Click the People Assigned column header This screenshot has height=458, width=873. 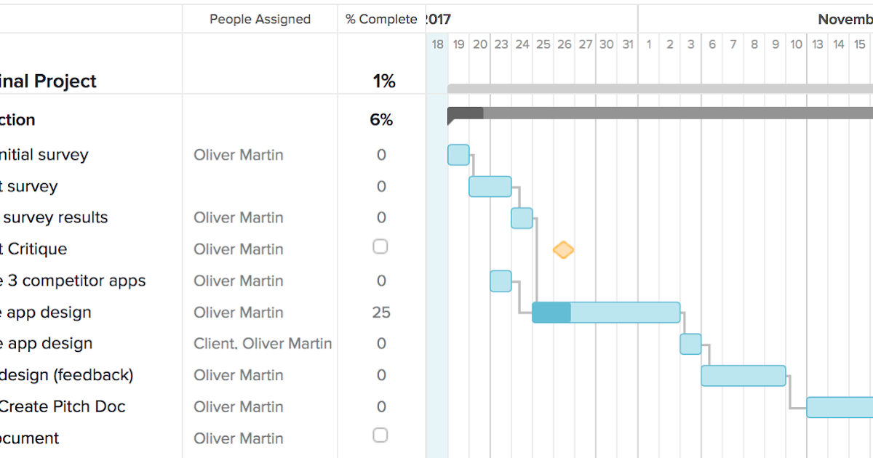[260, 20]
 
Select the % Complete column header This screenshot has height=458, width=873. [381, 20]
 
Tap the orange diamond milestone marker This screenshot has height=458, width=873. [563, 250]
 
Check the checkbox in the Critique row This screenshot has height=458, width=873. [380, 247]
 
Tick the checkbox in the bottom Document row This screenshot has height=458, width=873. [380, 435]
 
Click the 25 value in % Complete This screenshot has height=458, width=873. [381, 313]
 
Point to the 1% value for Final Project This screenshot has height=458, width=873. [384, 81]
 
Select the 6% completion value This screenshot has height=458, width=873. [381, 120]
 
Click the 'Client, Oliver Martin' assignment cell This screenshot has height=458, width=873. [263, 344]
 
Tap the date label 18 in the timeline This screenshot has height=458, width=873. [437, 44]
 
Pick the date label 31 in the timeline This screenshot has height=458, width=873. [627, 44]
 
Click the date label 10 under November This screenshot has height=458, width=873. [796, 44]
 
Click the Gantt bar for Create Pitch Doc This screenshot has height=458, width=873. [840, 407]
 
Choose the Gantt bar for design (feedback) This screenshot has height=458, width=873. [743, 376]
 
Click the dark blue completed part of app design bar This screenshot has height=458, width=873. [551, 313]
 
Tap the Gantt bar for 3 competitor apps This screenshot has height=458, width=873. [501, 281]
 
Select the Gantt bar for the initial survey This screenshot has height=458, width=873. [458, 155]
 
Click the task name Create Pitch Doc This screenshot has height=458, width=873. [62, 407]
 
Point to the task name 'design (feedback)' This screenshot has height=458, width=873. [67, 375]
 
